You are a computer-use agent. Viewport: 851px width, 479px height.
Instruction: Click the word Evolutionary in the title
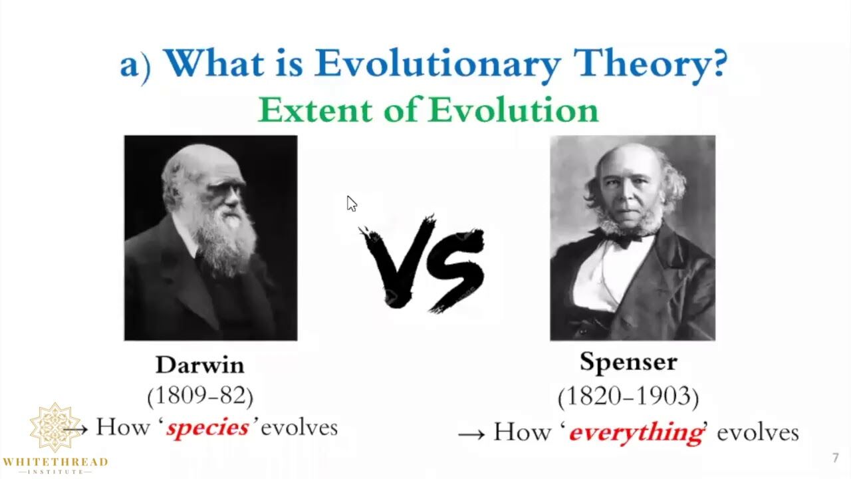pos(437,63)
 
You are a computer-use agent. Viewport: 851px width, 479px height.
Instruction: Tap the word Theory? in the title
pos(650,63)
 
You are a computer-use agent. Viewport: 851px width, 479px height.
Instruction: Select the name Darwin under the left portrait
pos(200,365)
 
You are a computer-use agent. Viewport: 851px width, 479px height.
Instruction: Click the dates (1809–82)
pos(200,396)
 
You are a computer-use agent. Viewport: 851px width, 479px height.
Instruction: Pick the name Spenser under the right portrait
pos(628,363)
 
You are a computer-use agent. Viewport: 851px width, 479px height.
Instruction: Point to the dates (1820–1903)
pos(628,397)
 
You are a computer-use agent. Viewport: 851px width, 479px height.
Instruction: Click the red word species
pos(207,428)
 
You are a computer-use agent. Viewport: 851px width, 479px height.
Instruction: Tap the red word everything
pos(636,433)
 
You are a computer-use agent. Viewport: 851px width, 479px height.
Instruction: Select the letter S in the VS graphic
pos(456,270)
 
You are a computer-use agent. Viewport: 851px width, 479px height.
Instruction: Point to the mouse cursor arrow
pos(352,204)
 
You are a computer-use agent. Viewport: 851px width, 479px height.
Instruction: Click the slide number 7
pos(836,458)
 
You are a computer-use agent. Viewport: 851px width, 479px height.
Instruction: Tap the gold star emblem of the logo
pos(55,427)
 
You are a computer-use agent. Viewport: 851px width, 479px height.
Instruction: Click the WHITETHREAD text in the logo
pos(55,462)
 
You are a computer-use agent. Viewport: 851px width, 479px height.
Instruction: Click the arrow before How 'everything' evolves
pos(471,434)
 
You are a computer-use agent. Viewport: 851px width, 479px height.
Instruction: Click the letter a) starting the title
pos(136,65)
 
